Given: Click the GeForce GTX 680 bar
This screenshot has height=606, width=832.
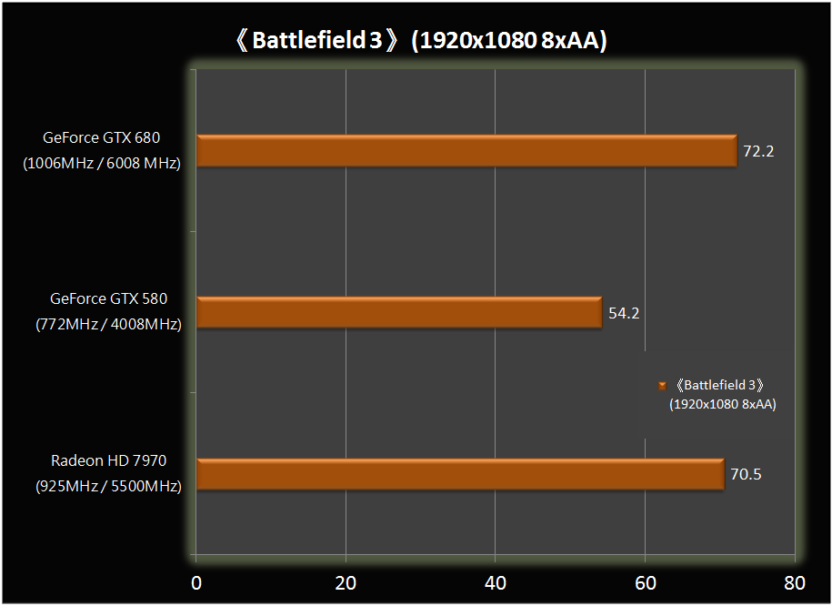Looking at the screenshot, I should (x=466, y=151).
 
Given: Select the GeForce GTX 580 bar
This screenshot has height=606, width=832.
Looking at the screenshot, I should (x=398, y=313).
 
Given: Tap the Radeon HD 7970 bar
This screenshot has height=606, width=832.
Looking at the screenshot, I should (x=459, y=474).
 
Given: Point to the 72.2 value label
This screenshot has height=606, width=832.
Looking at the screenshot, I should (x=758, y=151).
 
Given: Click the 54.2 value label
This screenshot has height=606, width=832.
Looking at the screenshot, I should (x=623, y=313).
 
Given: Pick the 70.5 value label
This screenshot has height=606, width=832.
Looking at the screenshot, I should (x=746, y=474).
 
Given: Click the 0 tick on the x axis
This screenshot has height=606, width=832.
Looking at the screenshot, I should (x=195, y=582).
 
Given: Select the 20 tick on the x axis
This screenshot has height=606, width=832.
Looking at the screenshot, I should (x=346, y=582).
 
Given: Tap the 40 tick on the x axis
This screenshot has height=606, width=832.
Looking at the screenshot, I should (x=495, y=582).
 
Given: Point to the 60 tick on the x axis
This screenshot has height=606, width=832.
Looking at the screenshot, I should (x=645, y=582).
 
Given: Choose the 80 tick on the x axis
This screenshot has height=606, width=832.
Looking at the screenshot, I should (x=794, y=582).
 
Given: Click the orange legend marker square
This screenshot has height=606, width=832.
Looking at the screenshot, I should (x=663, y=386).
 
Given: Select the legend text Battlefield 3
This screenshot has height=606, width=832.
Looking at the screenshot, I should (x=720, y=385).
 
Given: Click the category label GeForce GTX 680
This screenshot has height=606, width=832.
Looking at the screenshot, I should (x=101, y=138).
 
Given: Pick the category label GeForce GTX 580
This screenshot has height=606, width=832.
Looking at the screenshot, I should (x=108, y=298).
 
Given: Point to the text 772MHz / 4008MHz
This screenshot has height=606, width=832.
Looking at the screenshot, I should (x=108, y=324).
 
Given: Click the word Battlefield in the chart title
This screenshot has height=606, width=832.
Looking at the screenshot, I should (x=310, y=41).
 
